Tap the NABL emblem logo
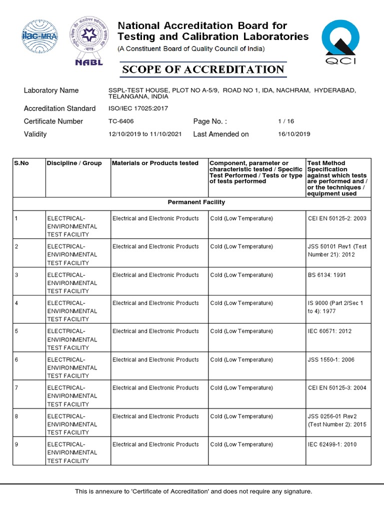[88, 41]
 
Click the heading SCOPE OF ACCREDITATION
[203, 69]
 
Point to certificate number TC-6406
[121, 121]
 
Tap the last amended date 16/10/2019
[294, 134]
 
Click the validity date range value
[145, 134]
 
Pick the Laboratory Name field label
[51, 90]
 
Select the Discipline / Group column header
[74, 163]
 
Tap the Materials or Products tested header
[155, 163]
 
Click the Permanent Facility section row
[196, 202]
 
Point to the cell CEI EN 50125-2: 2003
[337, 218]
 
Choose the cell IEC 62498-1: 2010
[332, 444]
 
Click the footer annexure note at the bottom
[193, 491]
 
